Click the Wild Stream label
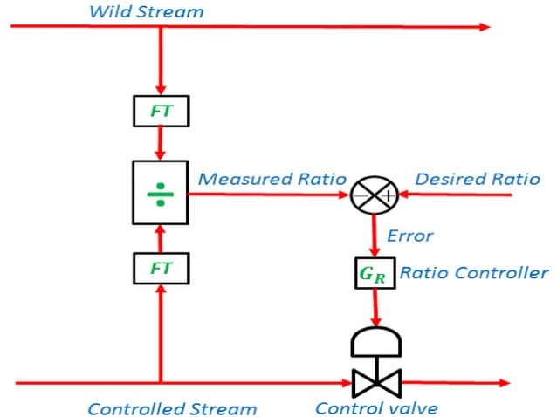click(146, 12)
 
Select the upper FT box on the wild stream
click(161, 111)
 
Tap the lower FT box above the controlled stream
click(161, 269)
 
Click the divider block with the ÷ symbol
click(161, 193)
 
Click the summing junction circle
click(375, 195)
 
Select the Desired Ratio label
click(477, 179)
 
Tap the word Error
click(409, 236)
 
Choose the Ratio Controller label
click(474, 273)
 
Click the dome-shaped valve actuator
click(375, 341)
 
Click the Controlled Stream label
click(172, 407)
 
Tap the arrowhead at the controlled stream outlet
click(501, 383)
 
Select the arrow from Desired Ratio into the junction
click(454, 195)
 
